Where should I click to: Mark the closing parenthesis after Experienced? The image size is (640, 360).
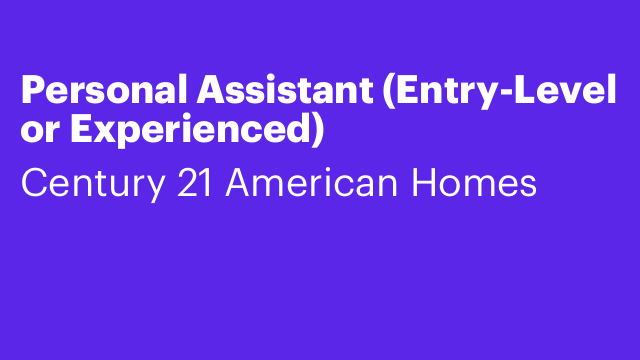pyautogui.click(x=318, y=133)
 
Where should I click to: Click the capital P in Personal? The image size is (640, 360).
pyautogui.click(x=31, y=93)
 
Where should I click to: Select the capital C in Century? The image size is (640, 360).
pyautogui.click(x=33, y=184)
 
